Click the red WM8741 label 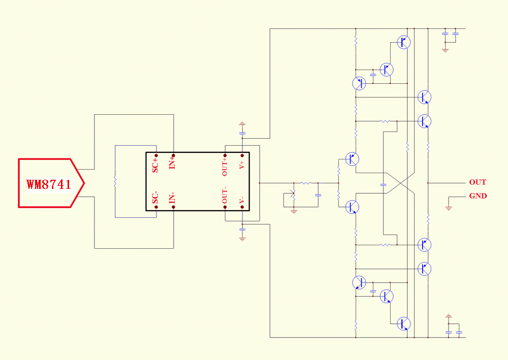[x=49, y=184]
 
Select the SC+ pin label [x=155, y=165]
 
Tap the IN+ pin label [x=172, y=161]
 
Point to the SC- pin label [x=155, y=198]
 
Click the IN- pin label [x=172, y=198]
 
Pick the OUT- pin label [x=225, y=195]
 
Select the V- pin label [x=242, y=200]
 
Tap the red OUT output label [x=478, y=182]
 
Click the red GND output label [x=478, y=196]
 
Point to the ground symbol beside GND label [x=449, y=208]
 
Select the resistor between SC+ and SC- [x=115, y=181]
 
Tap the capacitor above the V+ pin [x=242, y=133]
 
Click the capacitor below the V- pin [x=242, y=229]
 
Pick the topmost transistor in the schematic [x=404, y=42]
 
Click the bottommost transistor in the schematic [x=404, y=323]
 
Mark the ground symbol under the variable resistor [x=294, y=211]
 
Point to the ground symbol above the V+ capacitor [x=242, y=124]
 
